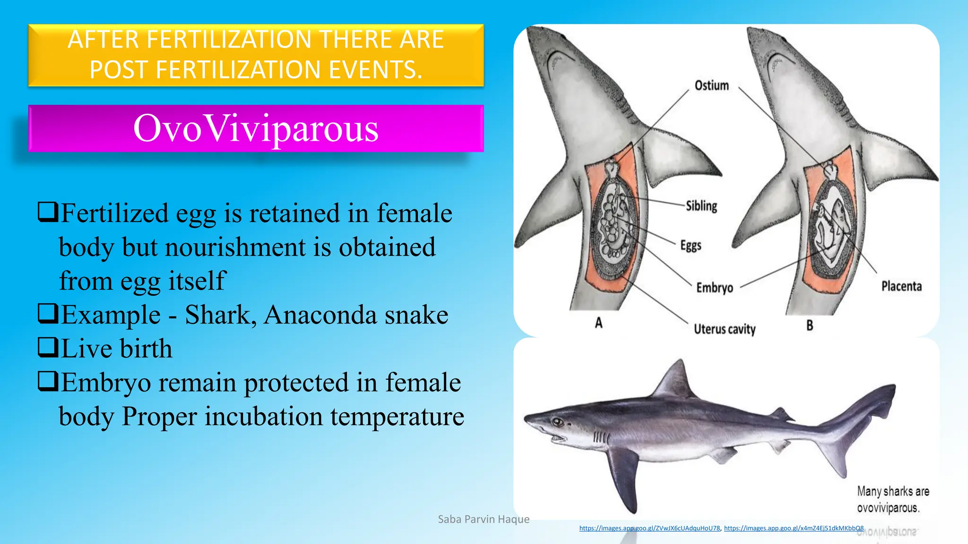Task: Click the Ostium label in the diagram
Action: [711, 85]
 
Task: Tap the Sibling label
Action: [701, 206]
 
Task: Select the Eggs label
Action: [691, 246]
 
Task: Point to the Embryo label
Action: [714, 288]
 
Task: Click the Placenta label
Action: [901, 286]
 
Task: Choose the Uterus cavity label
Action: [724, 329]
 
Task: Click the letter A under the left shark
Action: [598, 323]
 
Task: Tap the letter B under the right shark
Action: [810, 325]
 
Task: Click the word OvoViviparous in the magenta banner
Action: [256, 128]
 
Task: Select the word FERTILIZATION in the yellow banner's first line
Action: [229, 40]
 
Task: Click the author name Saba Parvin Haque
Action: [484, 519]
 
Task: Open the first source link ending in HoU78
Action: [649, 528]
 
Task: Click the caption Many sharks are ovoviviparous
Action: [892, 500]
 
